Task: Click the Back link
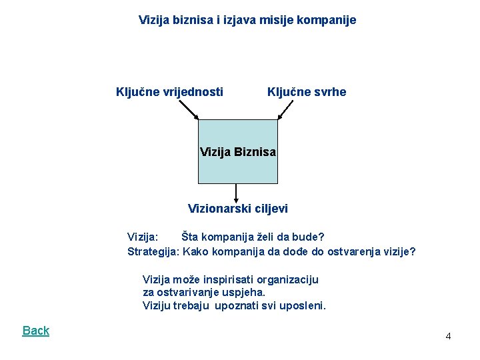pyautogui.click(x=36, y=331)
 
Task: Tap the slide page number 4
pyautogui.click(x=448, y=336)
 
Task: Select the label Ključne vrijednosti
pyautogui.click(x=169, y=92)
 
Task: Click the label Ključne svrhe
pyautogui.click(x=307, y=92)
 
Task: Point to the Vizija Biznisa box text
pyautogui.click(x=238, y=152)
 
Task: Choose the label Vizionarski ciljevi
pyautogui.click(x=238, y=209)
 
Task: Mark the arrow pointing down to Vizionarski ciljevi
pyautogui.click(x=237, y=193)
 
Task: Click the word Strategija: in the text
pyautogui.click(x=153, y=251)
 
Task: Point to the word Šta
pyautogui.click(x=191, y=237)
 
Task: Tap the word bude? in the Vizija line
pyautogui.click(x=309, y=237)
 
